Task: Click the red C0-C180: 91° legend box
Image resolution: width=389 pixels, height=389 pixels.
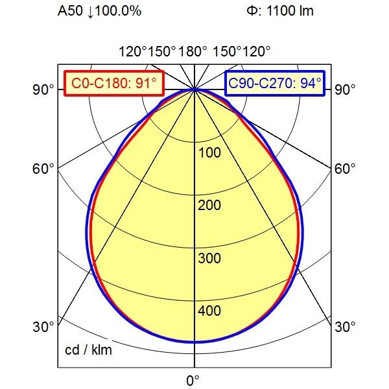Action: click(113, 83)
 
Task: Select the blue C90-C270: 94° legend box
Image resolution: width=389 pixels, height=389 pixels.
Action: click(276, 83)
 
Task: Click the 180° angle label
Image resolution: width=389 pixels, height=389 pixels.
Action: click(194, 51)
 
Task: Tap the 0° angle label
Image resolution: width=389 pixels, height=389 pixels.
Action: click(193, 379)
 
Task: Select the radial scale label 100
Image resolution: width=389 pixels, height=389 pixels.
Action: click(209, 153)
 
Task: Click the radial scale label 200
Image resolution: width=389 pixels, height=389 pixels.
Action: click(209, 206)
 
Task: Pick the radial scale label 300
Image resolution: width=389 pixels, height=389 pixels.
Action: click(209, 259)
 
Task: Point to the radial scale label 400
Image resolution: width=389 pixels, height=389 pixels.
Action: click(209, 311)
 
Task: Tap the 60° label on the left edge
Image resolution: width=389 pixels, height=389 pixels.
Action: click(43, 169)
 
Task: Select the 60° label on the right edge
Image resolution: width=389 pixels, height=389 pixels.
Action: click(346, 169)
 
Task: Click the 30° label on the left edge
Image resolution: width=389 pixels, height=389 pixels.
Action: click(43, 327)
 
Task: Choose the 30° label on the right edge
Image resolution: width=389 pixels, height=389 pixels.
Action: click(346, 327)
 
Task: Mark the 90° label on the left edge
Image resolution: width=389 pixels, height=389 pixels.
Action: click(43, 89)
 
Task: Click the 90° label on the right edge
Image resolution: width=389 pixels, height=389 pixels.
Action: click(346, 89)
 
